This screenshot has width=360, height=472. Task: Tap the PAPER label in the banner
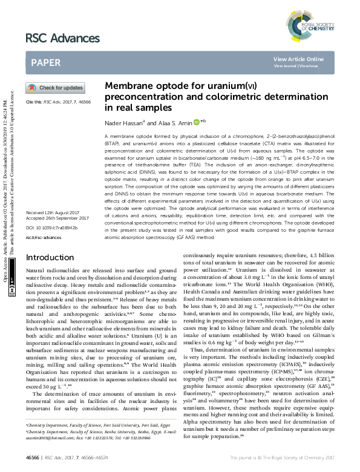pos(46,62)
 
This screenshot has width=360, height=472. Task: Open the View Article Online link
pos(298,59)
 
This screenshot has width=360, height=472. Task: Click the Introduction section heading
pos(51,274)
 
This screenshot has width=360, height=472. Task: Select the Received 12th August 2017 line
pos(53,230)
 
